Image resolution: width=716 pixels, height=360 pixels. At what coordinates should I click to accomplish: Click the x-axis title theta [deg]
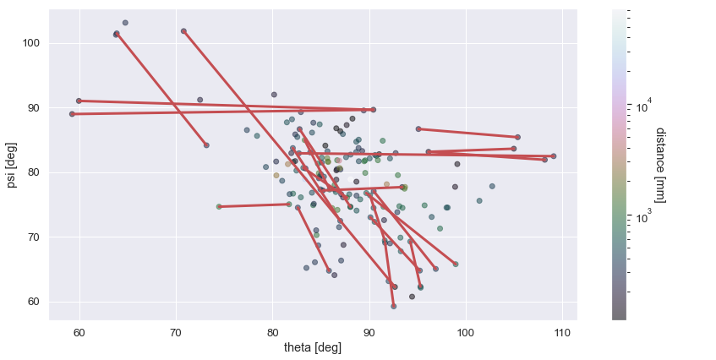click(313, 347)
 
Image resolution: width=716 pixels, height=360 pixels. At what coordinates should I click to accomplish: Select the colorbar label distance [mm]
click(660, 165)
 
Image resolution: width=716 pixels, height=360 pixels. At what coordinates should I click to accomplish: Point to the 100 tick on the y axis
click(32, 43)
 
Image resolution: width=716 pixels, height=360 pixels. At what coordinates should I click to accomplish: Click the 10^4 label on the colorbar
click(643, 107)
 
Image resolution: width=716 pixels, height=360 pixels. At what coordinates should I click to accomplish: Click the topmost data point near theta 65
click(125, 23)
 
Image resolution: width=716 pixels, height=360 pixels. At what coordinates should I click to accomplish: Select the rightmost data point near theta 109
click(554, 156)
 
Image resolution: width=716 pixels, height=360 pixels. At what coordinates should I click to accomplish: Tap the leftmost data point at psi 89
click(72, 114)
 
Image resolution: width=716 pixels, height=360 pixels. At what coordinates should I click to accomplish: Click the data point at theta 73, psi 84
click(206, 145)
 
